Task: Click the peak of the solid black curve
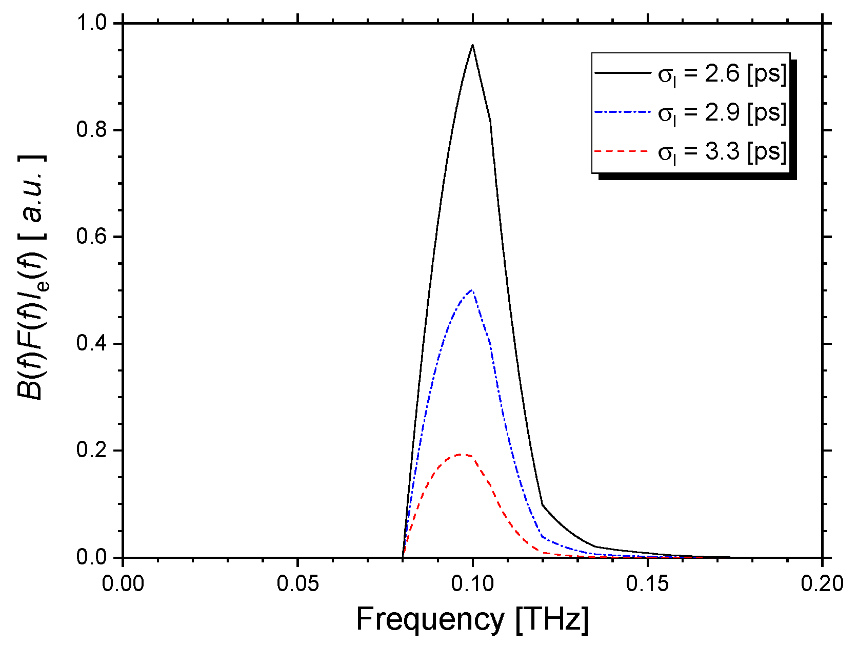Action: pos(472,45)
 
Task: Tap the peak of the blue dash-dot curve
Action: pos(471,290)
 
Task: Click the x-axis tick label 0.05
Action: pos(297,584)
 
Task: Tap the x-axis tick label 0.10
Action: pos(472,584)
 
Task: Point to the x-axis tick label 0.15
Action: pos(647,584)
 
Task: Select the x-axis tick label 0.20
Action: pos(822,584)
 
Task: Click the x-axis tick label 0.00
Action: pos(123,584)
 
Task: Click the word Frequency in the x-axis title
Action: pos(430,619)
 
